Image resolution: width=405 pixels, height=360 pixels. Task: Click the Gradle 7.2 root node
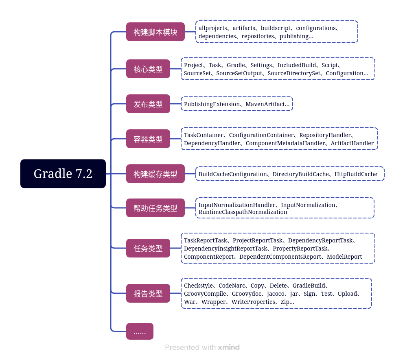tap(63, 174)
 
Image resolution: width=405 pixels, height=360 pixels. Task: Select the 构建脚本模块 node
tap(155, 32)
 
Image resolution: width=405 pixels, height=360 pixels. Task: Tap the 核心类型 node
tap(148, 69)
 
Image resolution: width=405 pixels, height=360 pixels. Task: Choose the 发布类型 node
tap(148, 104)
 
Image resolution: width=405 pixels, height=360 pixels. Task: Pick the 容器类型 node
tap(148, 139)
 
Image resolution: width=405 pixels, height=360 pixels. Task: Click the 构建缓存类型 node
tap(155, 174)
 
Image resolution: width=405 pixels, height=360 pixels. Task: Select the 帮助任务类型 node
tap(155, 208)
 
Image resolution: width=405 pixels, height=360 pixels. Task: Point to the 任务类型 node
tap(148, 248)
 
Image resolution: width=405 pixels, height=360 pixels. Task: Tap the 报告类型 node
tap(148, 293)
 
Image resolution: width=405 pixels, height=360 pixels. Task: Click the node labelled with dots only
tap(140, 332)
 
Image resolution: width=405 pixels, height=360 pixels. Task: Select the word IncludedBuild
tap(297, 65)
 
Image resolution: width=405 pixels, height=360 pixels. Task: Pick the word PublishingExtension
tap(212, 104)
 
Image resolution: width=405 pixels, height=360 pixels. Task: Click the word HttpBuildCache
tap(356, 174)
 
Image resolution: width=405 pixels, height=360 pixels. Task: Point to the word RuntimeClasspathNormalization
tap(243, 212)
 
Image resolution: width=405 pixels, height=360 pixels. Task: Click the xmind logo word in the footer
tap(229, 347)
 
